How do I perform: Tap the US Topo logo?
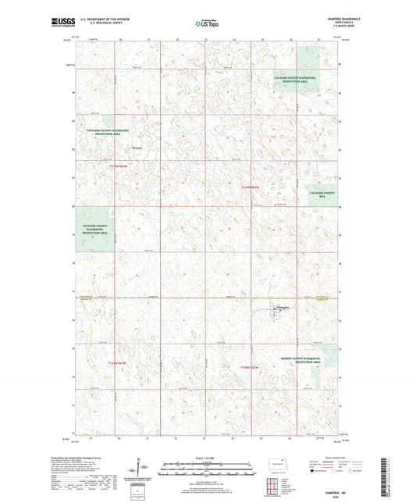[207, 23]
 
